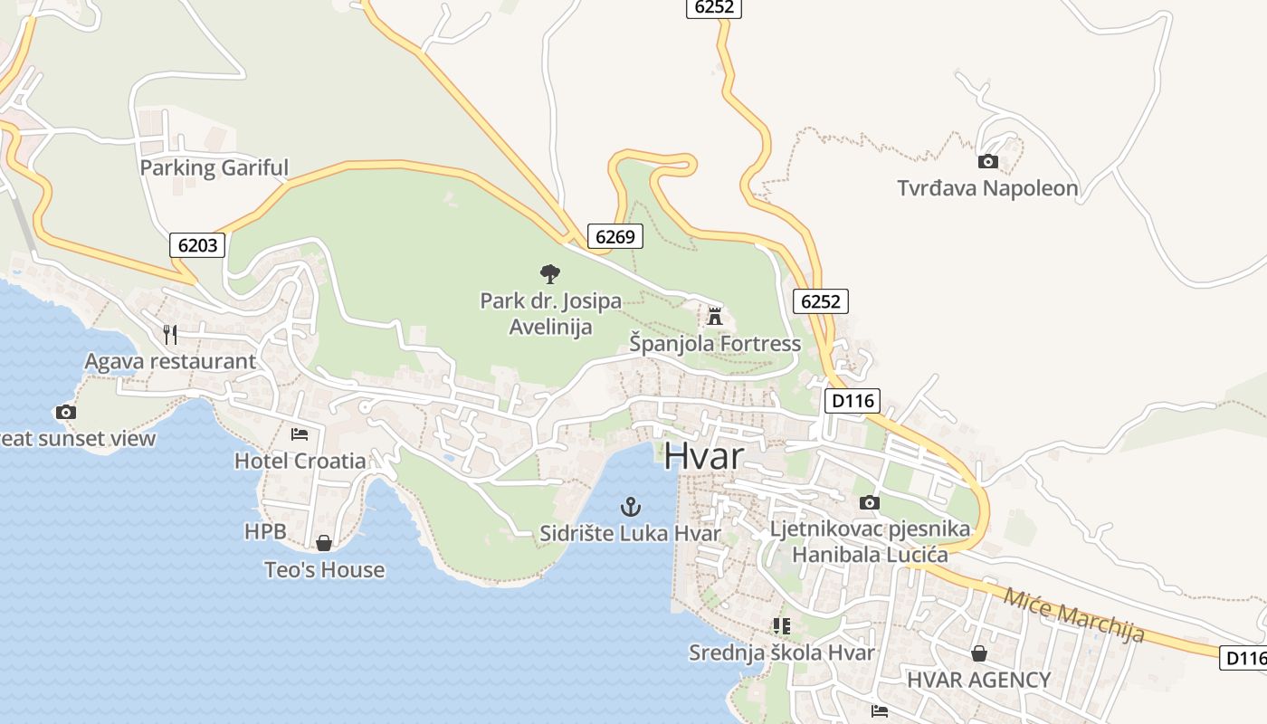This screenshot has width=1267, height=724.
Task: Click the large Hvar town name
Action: coord(703,456)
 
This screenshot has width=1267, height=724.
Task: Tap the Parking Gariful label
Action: coord(214,167)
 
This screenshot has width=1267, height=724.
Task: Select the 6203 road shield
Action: coord(196,244)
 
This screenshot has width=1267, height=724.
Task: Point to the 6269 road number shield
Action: coord(614,237)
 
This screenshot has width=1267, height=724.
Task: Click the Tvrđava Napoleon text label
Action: coord(987,188)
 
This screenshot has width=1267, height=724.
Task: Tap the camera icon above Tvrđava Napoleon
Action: coord(988,162)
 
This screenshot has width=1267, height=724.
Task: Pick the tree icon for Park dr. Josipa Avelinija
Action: coord(549,273)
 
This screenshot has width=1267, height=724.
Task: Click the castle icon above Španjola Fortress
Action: coord(715,316)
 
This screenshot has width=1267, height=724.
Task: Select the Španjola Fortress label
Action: coord(715,344)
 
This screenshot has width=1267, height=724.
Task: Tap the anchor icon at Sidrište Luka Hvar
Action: coord(630,506)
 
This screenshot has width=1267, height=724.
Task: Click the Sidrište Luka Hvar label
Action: coord(630,533)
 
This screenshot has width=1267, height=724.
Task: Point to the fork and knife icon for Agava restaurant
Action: coord(170,334)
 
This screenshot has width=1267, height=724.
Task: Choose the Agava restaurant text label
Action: coord(170,361)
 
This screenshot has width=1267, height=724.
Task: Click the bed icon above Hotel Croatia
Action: coord(300,434)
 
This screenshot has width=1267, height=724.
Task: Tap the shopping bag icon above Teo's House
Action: coord(324,543)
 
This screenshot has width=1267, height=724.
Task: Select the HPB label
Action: coord(264,531)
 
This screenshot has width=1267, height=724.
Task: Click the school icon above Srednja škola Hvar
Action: coord(782,625)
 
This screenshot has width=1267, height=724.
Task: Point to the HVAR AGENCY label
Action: coord(979,680)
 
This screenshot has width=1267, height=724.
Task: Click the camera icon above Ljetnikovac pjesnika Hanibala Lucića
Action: coord(870,502)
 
